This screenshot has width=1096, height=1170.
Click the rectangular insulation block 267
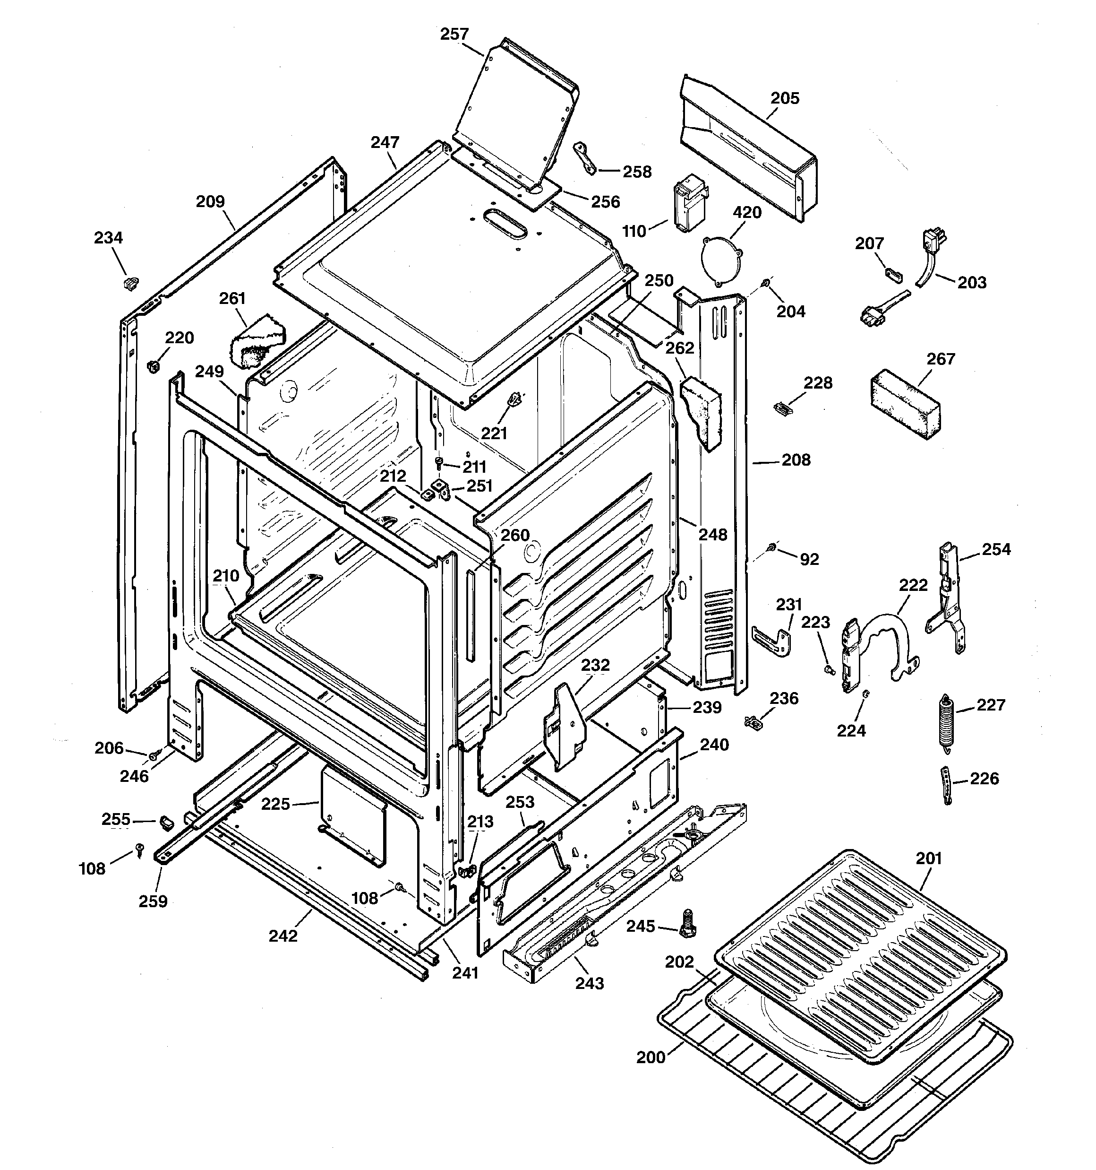coord(905,404)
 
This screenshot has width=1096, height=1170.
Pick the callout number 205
coord(785,98)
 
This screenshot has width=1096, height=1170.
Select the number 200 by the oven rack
coord(651,1057)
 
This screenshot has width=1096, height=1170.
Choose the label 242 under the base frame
coord(283,936)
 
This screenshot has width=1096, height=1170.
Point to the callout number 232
coord(595,665)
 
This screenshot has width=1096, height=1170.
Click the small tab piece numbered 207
coord(894,273)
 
